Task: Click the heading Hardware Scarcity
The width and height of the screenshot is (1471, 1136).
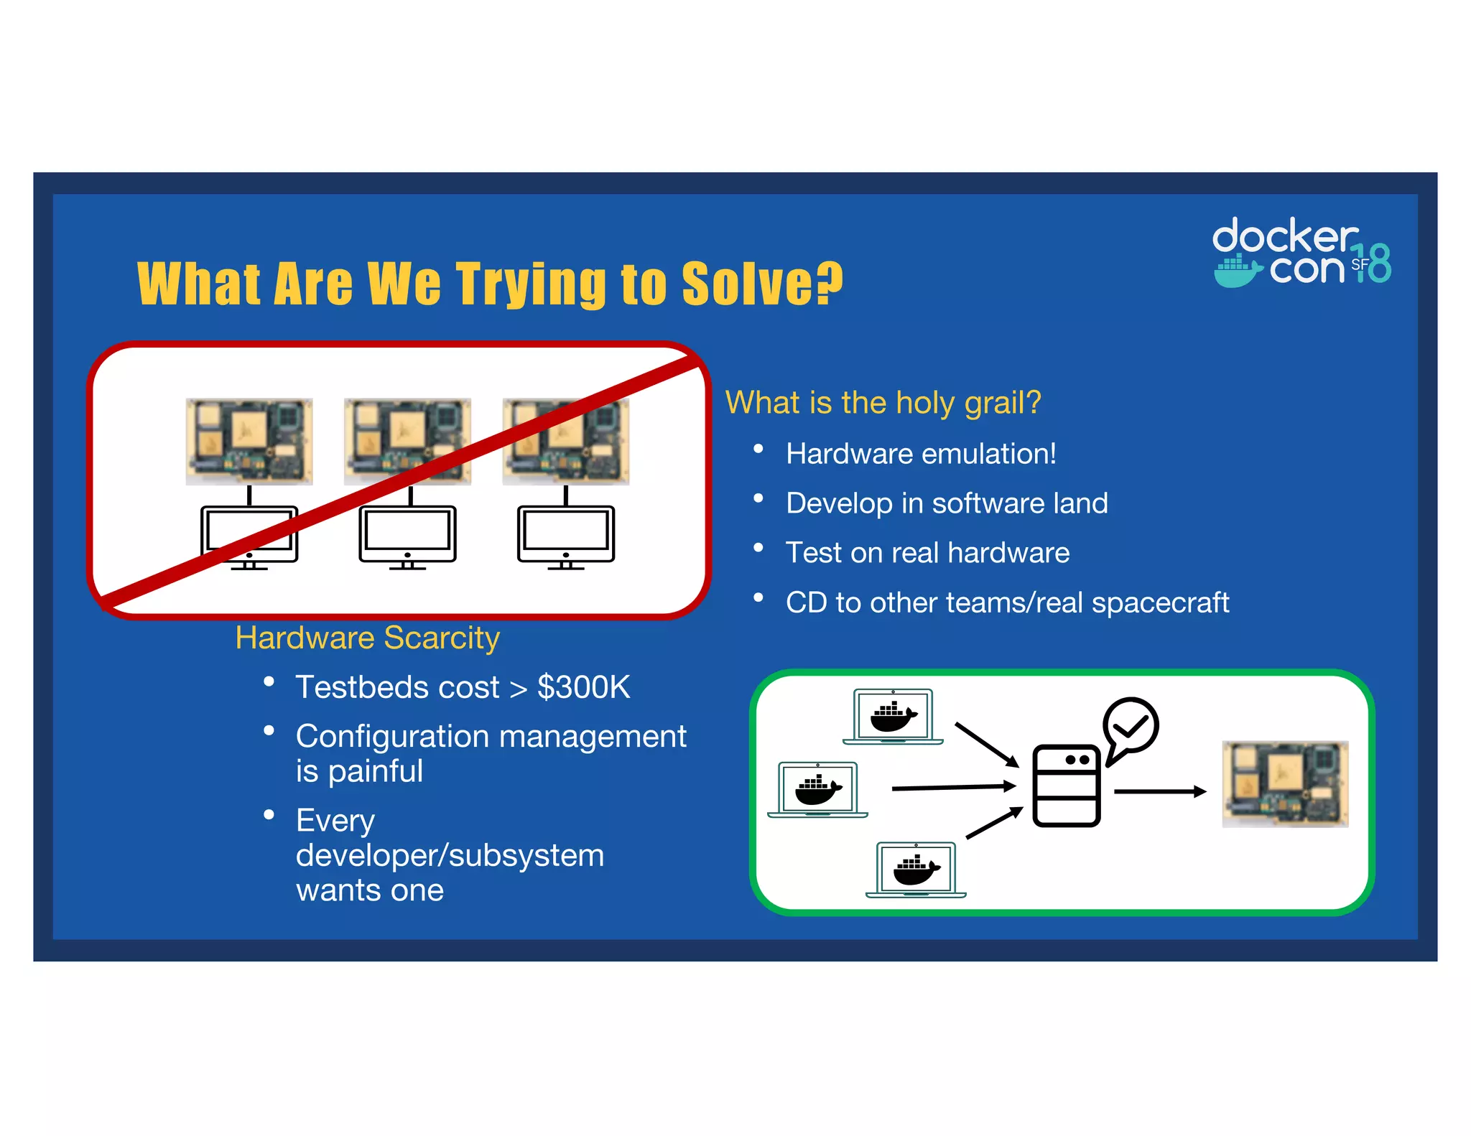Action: [367, 638]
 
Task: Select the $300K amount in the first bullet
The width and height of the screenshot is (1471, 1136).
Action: [583, 687]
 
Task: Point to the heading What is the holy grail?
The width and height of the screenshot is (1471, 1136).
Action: [883, 402]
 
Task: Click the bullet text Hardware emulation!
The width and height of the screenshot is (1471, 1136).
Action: [921, 454]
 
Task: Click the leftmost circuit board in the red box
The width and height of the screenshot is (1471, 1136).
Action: [249, 442]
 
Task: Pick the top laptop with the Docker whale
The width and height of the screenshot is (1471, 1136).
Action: [893, 717]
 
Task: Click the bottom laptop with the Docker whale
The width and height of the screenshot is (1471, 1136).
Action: [916, 870]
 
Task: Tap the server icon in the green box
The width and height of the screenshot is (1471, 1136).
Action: [1066, 786]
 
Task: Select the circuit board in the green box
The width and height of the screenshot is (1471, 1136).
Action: [1285, 784]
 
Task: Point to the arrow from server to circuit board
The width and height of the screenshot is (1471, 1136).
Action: [1159, 791]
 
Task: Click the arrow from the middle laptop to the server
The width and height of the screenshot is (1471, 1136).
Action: [952, 788]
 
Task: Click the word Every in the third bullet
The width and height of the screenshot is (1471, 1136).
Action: [335, 820]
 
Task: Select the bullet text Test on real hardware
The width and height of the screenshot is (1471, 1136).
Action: [927, 553]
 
